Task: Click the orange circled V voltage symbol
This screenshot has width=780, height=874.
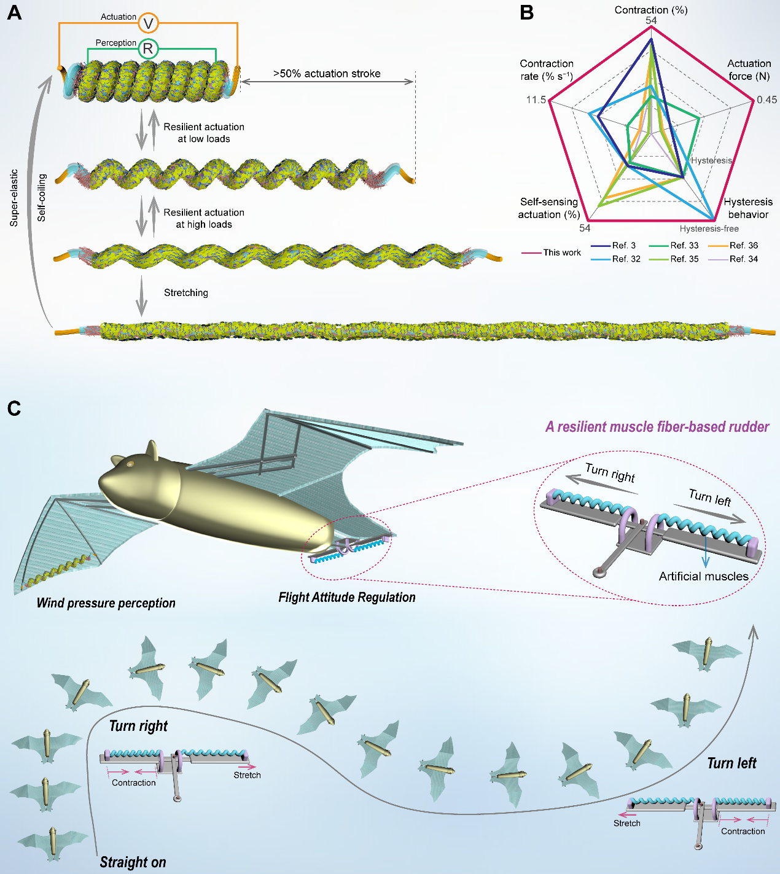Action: [148, 23]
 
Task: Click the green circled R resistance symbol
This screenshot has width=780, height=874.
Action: [148, 49]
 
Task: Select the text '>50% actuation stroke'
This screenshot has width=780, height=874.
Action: [327, 74]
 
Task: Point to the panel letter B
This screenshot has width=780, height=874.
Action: [526, 13]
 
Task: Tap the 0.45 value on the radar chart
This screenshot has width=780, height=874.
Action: [766, 99]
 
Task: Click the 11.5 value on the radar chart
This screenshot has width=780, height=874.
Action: [536, 99]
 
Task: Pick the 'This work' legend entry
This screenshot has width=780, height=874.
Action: [561, 252]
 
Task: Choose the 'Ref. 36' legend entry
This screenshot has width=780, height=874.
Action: [743, 245]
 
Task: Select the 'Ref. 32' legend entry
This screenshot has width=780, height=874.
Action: [626, 259]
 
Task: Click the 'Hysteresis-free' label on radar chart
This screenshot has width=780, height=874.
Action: [709, 228]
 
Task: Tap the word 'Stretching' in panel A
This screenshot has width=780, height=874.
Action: [186, 293]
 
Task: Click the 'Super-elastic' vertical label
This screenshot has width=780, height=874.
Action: [14, 198]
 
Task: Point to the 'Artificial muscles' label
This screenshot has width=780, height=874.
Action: [703, 576]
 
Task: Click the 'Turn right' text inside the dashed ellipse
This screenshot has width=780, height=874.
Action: [610, 473]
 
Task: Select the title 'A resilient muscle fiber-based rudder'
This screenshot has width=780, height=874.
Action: [657, 427]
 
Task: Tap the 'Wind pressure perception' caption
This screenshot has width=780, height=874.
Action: [106, 603]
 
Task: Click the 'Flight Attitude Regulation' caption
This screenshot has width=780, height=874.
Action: [347, 597]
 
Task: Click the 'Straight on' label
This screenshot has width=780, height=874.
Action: [133, 862]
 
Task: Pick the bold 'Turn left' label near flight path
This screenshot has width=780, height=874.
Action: [731, 763]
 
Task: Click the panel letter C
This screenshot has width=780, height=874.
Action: [14, 408]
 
